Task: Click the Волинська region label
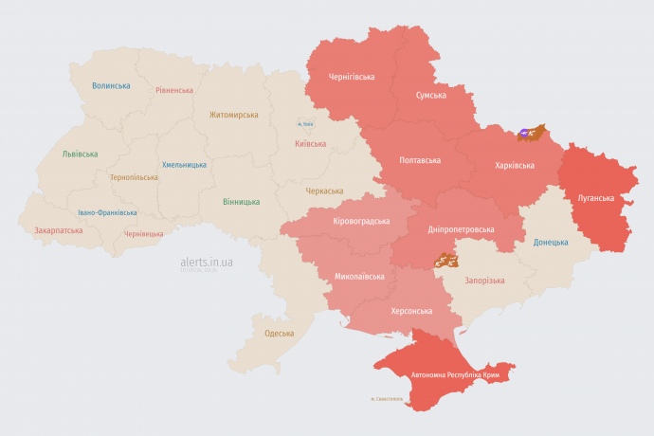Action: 111,86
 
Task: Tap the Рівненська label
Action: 175,89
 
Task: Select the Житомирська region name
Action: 233,115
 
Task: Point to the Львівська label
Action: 80,154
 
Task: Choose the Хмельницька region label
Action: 184,165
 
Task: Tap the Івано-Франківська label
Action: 107,212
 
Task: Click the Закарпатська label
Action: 58,230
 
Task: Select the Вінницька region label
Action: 241,202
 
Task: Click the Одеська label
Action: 279,333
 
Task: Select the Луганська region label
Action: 595,198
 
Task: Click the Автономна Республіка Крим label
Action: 454,375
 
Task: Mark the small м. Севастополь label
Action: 386,398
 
